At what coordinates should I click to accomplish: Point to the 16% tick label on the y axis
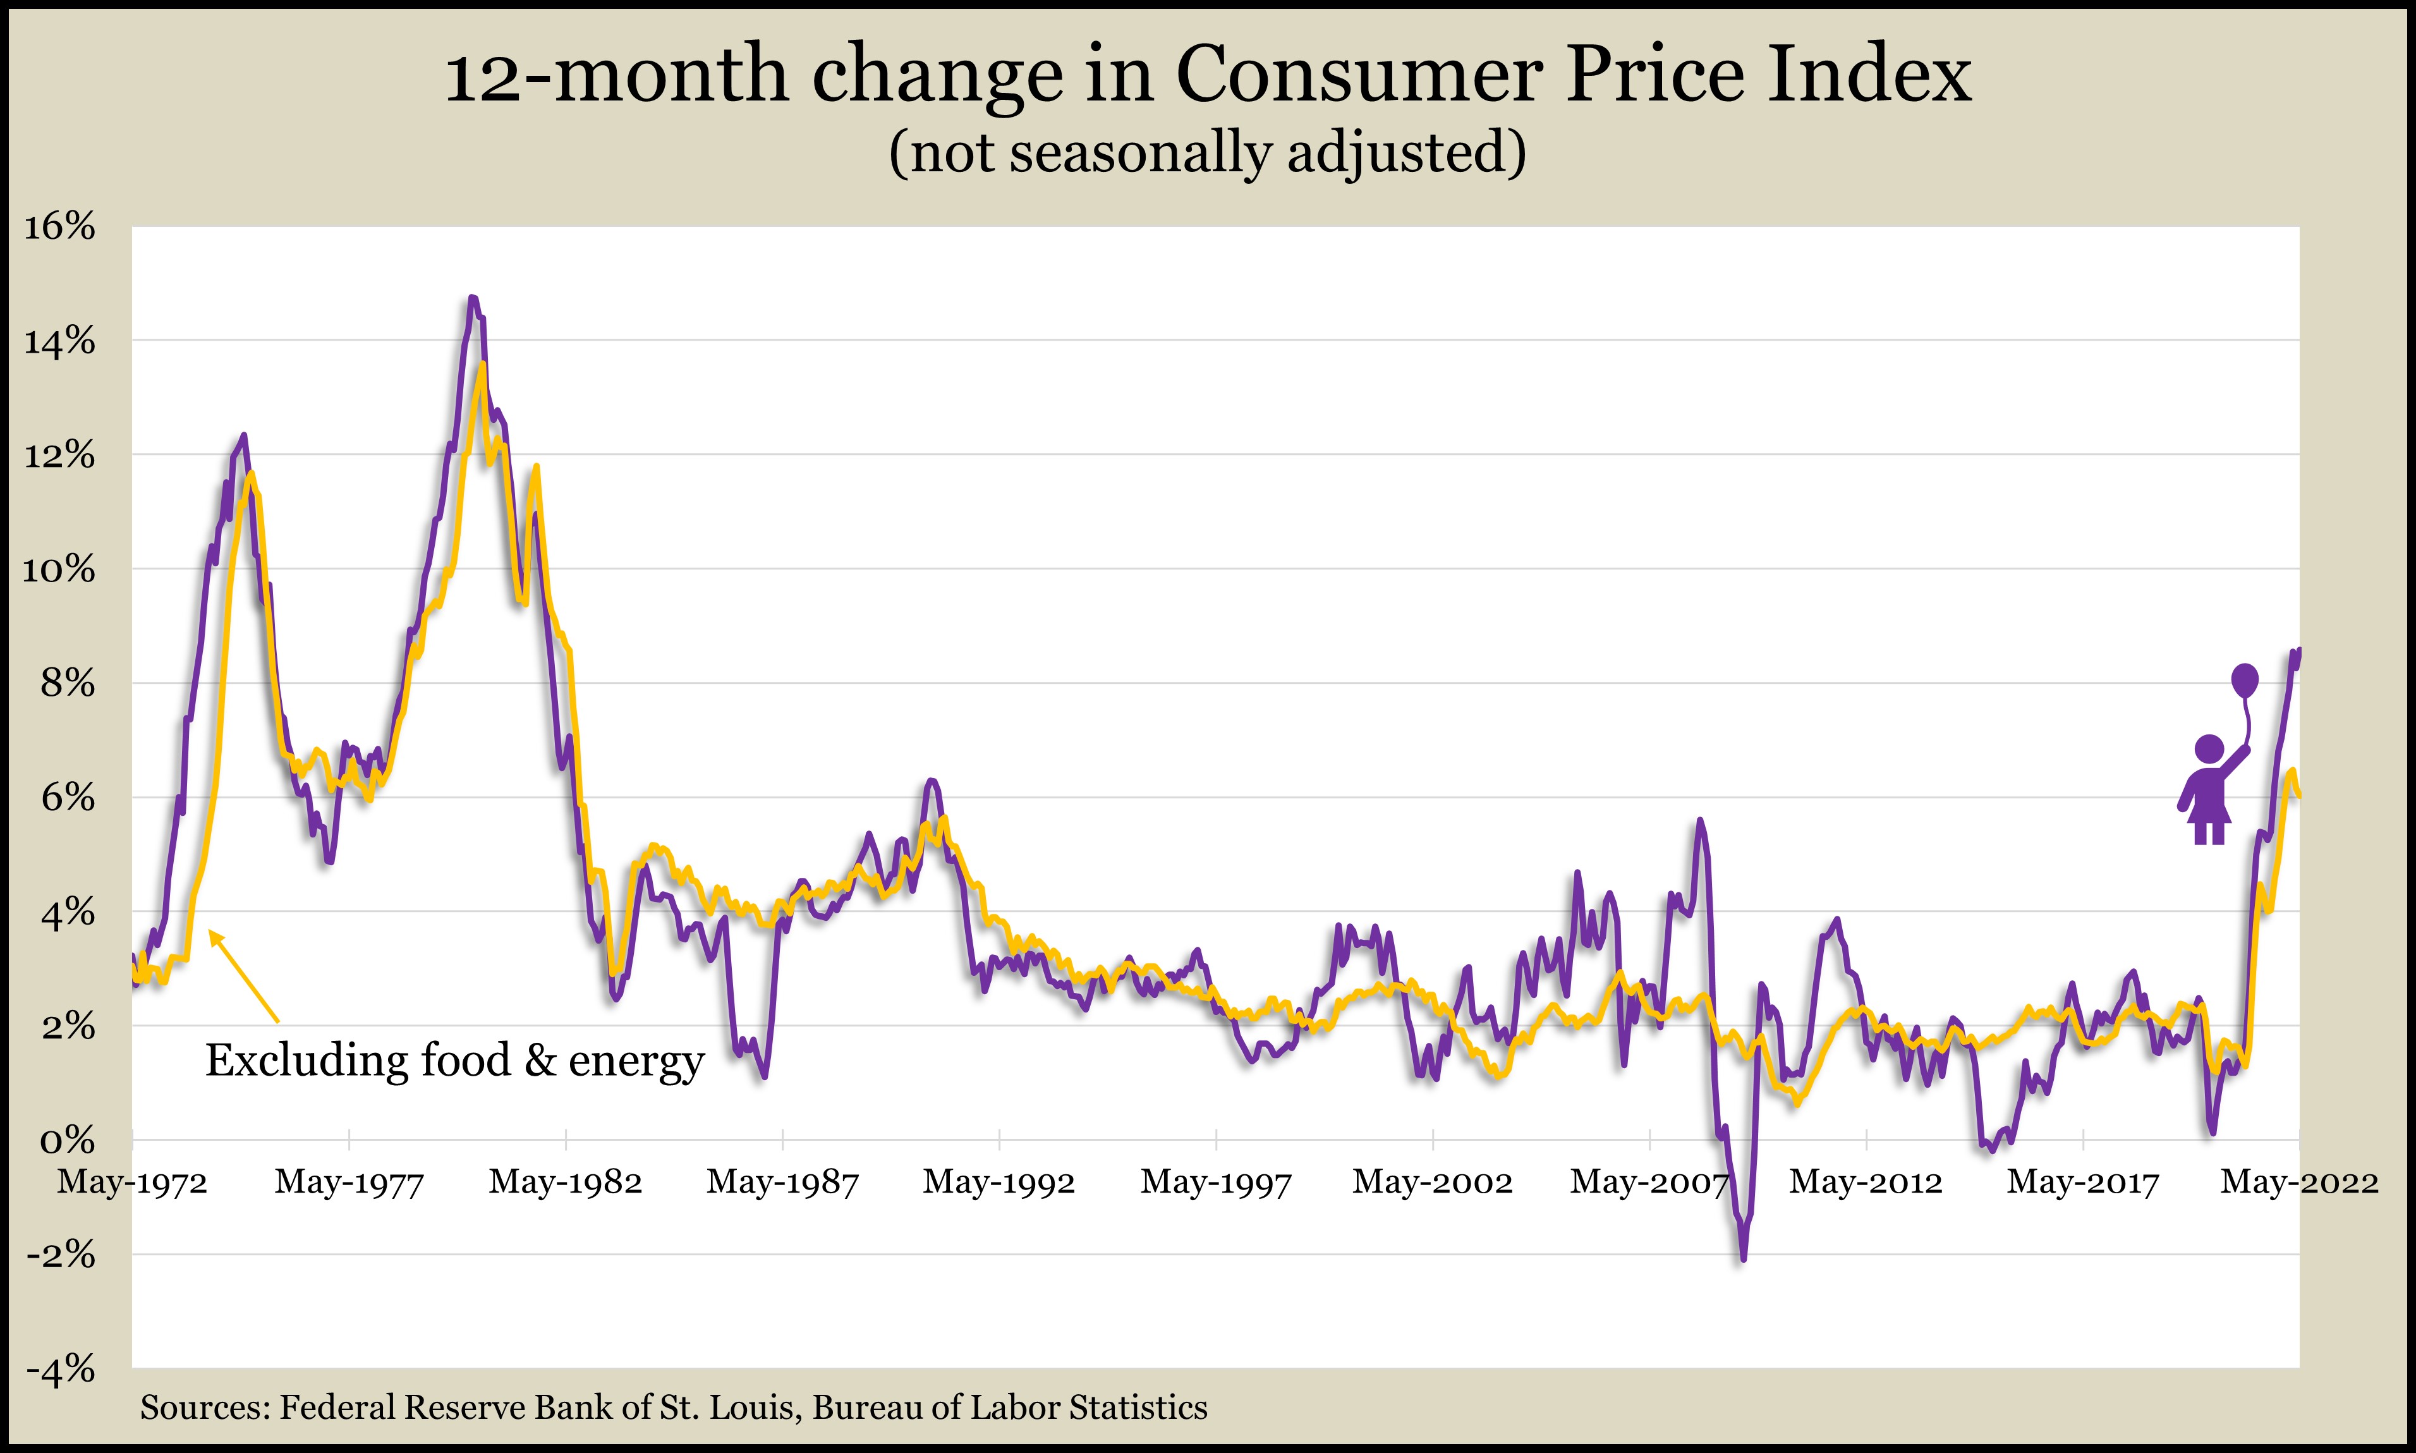(x=59, y=227)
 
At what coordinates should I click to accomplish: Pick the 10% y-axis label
(x=59, y=570)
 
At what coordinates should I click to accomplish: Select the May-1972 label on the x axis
(x=132, y=1182)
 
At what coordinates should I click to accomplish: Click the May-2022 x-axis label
(x=2298, y=1182)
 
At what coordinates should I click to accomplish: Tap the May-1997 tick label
(x=1216, y=1182)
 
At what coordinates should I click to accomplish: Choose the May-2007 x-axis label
(x=1649, y=1182)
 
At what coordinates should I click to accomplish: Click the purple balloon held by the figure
(x=2245, y=679)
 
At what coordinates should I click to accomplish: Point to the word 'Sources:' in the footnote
(x=205, y=1408)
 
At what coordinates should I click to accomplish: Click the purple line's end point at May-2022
(x=2298, y=650)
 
